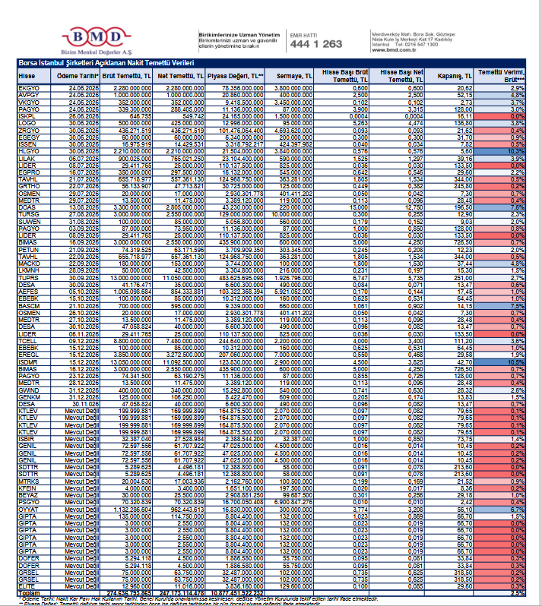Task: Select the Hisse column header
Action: (x=27, y=76)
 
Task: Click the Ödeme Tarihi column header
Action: (x=79, y=76)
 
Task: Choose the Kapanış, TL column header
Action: (x=456, y=76)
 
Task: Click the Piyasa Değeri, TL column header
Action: (x=241, y=76)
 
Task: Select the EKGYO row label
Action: (x=28, y=88)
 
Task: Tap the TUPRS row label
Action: (x=27, y=279)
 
